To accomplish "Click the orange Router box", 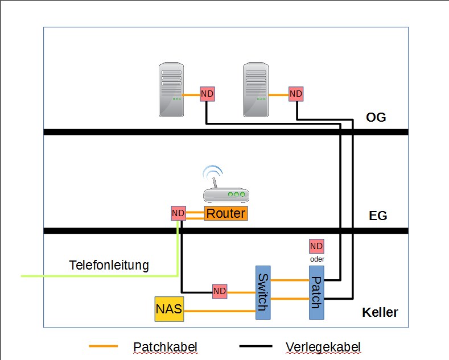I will (x=226, y=214).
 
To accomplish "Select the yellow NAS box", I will (x=169, y=309).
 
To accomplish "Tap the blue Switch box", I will (x=262, y=292).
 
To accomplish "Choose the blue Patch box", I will (x=316, y=292).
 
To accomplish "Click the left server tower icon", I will (x=170, y=90).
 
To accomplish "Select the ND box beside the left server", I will (x=208, y=94).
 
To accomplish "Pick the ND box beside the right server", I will (x=296, y=94).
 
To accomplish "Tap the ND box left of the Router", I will (x=178, y=213).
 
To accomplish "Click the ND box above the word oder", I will (x=316, y=246).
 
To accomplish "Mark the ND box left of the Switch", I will (x=220, y=292).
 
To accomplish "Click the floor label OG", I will (x=376, y=118).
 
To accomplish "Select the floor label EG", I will (x=378, y=216).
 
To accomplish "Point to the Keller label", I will (x=380, y=313).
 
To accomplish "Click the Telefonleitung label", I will (x=109, y=265).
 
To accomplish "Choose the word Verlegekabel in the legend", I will (x=323, y=346).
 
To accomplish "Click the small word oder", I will (x=316, y=259).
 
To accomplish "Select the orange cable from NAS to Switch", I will (x=219, y=311).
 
